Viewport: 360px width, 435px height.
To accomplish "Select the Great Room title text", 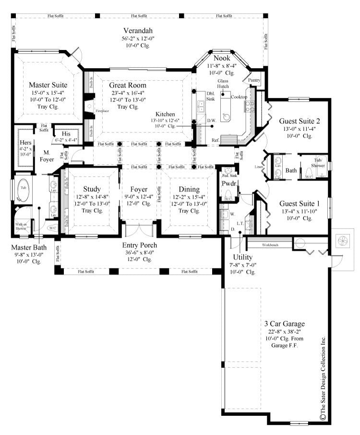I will pos(127,85).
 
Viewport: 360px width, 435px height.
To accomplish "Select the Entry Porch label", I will pos(139,245).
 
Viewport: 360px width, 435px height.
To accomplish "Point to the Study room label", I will pos(91,189).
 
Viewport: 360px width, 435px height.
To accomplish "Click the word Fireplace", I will pos(102,111).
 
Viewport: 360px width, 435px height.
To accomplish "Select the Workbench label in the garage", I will pos(269,245).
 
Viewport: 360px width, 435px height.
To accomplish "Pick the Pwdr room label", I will pos(227,183).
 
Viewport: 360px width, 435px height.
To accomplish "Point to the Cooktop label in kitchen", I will pos(239,97).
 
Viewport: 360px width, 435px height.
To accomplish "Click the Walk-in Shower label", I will pos(21,226).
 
